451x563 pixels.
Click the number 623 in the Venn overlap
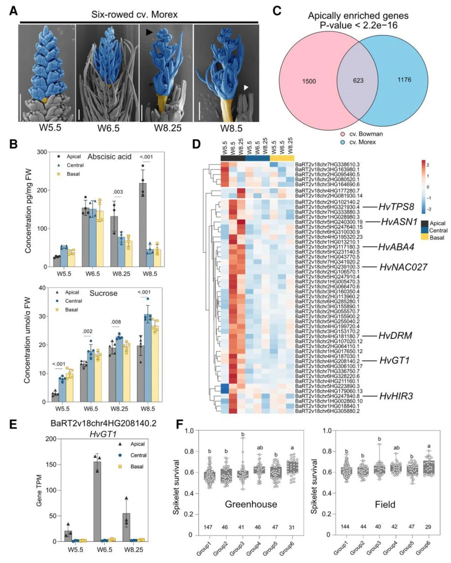point(358,80)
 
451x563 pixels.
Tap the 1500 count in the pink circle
point(309,81)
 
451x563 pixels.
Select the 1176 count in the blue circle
point(404,80)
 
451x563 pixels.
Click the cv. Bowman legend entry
point(365,134)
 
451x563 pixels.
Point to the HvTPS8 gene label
point(396,207)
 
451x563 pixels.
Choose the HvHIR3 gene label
point(396,396)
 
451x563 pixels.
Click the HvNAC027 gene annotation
point(403,267)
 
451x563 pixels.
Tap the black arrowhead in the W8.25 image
point(149,32)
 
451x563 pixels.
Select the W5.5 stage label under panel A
point(50,128)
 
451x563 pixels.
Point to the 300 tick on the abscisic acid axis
point(42,152)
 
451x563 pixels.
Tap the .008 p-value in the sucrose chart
point(116,322)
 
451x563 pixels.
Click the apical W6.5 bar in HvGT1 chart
point(97,501)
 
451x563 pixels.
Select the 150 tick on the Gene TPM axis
point(51,465)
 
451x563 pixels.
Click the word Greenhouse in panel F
point(251,504)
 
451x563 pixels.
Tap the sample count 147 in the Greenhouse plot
point(208,527)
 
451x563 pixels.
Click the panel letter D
point(196,144)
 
